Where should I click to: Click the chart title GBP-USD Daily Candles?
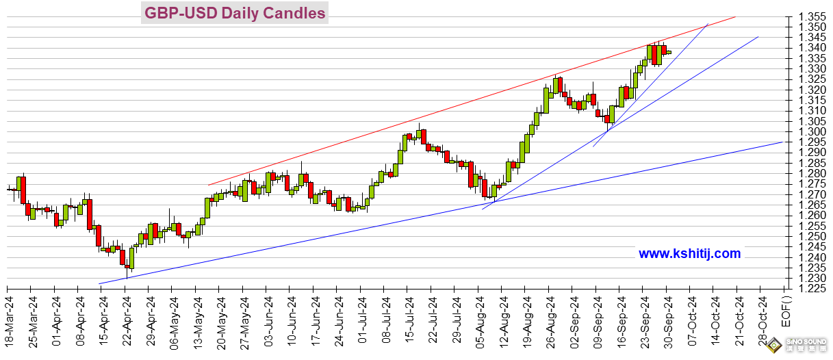[x=234, y=13]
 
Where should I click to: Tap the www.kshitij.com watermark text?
[x=689, y=253]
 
